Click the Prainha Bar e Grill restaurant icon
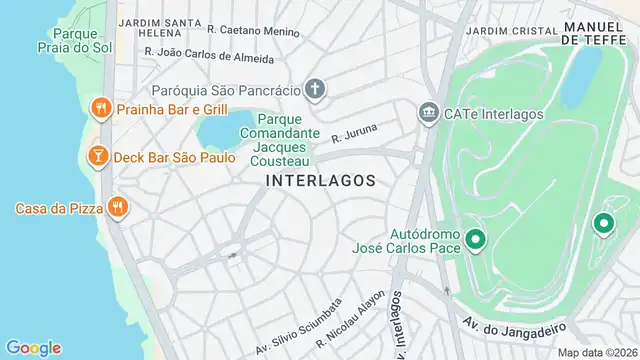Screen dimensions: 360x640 pos(100,108)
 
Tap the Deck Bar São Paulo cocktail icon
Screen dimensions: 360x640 pos(98,157)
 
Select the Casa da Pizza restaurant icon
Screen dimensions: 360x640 pos(118,207)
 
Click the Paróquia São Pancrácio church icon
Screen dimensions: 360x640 pos(314,90)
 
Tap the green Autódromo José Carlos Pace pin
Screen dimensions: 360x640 pos(475,238)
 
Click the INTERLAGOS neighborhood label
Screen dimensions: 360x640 pos(321,181)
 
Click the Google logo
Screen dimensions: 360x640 pos(33,347)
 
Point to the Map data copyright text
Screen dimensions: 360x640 pos(596,352)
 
